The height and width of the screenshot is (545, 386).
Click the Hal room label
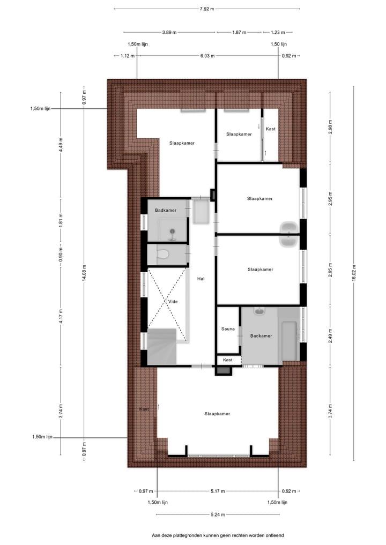point(201,279)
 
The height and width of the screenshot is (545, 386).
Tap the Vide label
point(173,301)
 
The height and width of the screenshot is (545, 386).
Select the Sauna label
point(228,329)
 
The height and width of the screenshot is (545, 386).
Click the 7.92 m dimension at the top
point(207,9)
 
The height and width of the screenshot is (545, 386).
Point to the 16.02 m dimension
point(354,278)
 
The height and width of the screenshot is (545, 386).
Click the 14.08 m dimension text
point(84,278)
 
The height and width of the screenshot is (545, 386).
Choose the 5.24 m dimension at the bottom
point(217,515)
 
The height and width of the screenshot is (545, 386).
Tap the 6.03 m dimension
point(207,56)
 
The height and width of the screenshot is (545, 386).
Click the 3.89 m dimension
point(169,32)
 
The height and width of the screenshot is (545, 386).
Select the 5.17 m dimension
point(217,491)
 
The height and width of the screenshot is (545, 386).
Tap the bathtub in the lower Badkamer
point(289,341)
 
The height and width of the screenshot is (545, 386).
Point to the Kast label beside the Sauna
point(228,360)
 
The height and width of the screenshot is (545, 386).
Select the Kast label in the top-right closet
point(270,129)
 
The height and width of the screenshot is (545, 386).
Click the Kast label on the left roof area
point(144,409)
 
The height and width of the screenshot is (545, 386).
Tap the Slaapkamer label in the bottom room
point(217,414)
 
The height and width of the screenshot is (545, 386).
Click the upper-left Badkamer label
point(165,211)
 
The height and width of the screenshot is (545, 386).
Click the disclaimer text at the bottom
point(217,535)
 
